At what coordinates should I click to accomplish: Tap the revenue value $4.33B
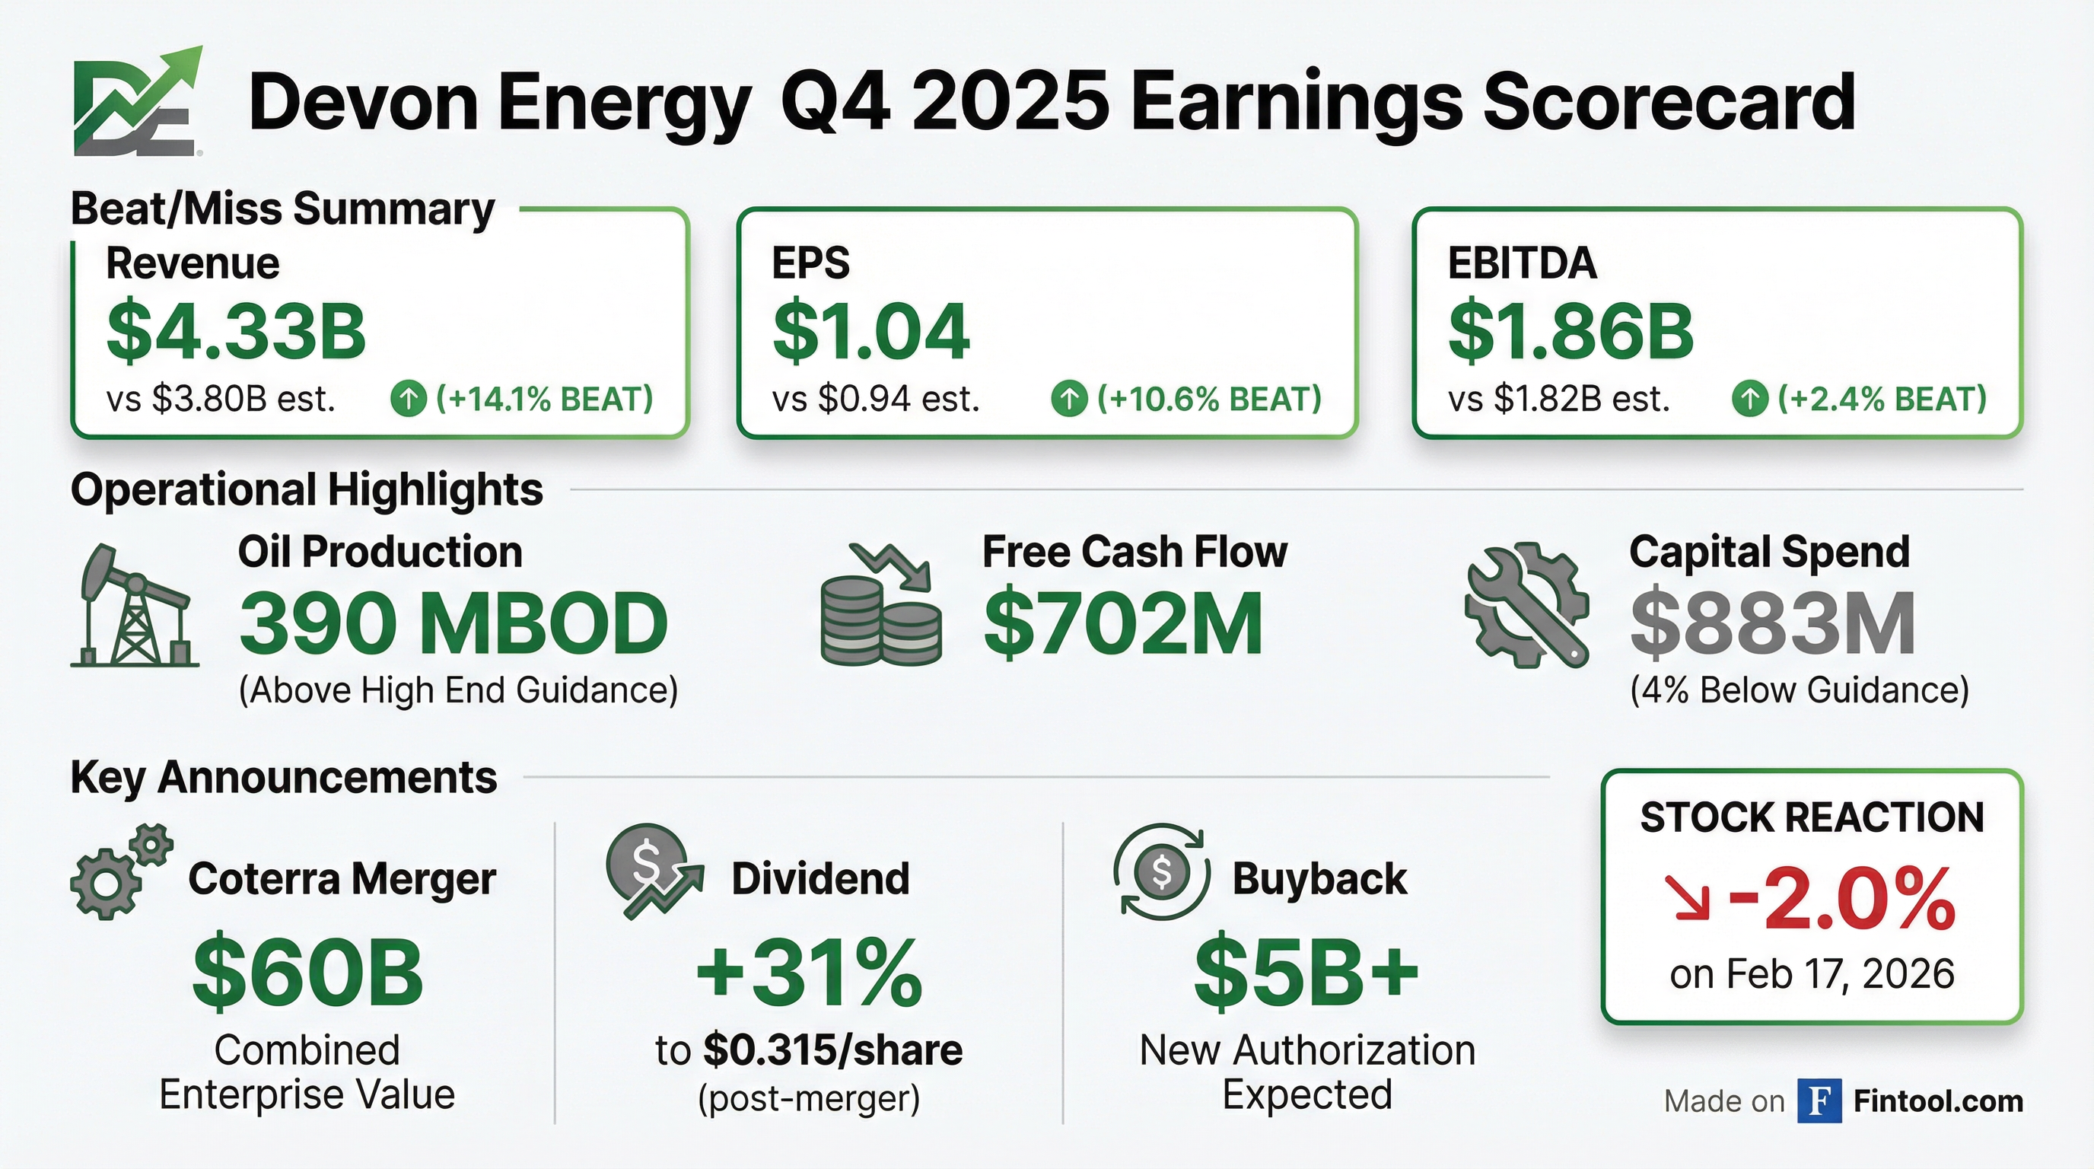(x=236, y=332)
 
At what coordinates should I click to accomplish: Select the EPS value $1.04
(x=870, y=332)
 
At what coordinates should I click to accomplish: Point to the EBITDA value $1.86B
(x=1570, y=332)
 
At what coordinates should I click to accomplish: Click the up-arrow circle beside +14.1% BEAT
(x=408, y=399)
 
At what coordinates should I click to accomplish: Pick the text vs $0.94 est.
(x=876, y=399)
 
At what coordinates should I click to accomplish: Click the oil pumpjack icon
(x=134, y=606)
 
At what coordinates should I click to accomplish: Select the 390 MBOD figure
(x=453, y=624)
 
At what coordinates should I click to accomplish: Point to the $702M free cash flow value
(x=1122, y=624)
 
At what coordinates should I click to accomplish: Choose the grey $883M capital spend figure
(x=1773, y=624)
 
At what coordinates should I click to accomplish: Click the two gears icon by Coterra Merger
(x=120, y=871)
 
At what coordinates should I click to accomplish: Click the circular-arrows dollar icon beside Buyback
(x=1162, y=872)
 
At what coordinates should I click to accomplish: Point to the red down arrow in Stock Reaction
(x=1686, y=898)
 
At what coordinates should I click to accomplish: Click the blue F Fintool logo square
(x=1819, y=1101)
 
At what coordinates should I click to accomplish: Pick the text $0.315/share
(x=832, y=1050)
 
